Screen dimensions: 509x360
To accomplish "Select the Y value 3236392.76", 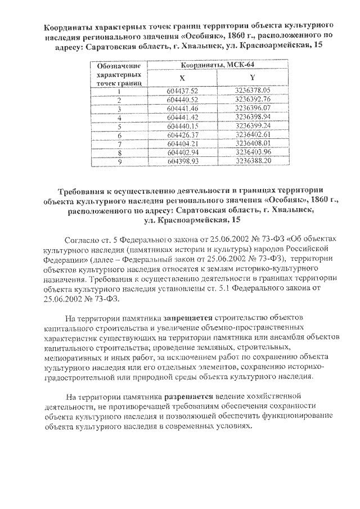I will tap(253, 99).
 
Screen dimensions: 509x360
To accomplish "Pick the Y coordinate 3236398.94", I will tap(253, 117).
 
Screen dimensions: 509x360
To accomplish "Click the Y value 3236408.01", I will tap(253, 143).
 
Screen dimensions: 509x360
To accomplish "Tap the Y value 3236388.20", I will tap(253, 161).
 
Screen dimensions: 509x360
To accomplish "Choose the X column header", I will tap(182, 78).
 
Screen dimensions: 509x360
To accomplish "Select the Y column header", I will tap(253, 78).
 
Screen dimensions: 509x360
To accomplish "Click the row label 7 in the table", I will tap(120, 144).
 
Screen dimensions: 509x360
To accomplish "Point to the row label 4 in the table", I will tap(120, 117).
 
